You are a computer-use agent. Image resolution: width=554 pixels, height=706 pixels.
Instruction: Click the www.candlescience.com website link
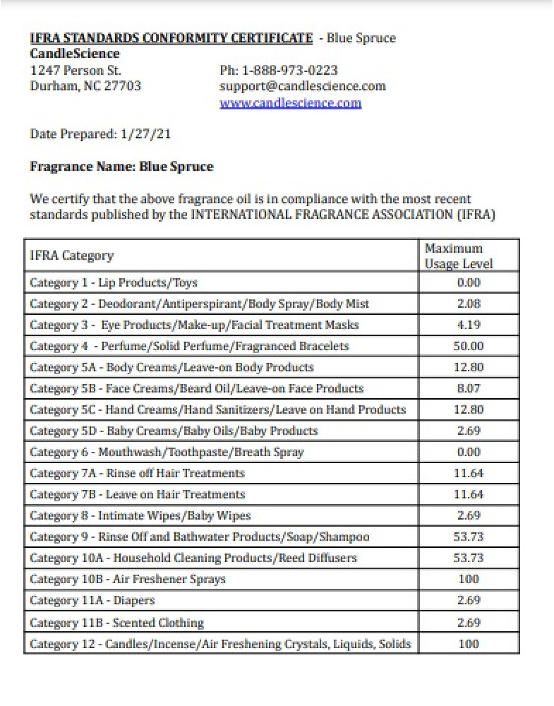[x=290, y=103]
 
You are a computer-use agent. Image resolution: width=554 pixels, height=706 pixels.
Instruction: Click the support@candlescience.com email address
[x=303, y=86]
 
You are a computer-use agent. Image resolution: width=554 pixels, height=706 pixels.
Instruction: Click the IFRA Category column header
[x=71, y=256]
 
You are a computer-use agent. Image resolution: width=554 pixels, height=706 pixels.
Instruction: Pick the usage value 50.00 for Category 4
[x=468, y=346]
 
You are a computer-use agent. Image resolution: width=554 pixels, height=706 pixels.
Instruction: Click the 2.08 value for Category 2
[x=468, y=304]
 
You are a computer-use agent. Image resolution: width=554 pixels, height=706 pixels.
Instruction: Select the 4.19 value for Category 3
[x=468, y=325]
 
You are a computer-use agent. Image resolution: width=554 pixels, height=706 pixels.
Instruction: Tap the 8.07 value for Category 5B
[x=468, y=388]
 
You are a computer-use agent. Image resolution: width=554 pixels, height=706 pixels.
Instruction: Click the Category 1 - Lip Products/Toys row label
[x=114, y=282]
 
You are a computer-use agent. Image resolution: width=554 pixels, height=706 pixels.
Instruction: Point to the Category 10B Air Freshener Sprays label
[x=128, y=579]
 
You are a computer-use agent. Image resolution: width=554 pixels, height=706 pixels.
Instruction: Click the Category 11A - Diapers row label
[x=92, y=600]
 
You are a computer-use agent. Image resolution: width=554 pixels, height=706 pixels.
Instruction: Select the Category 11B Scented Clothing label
[x=116, y=623]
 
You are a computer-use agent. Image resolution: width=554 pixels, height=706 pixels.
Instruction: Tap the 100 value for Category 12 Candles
[x=468, y=644]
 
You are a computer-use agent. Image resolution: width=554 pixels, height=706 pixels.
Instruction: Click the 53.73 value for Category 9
[x=468, y=537]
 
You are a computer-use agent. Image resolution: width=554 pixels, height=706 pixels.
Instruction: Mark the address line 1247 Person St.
[x=76, y=70]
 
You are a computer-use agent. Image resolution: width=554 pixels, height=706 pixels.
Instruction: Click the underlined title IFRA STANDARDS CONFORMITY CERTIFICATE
[x=171, y=38]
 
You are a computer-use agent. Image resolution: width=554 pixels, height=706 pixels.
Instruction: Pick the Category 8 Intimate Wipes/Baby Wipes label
[x=140, y=515]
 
